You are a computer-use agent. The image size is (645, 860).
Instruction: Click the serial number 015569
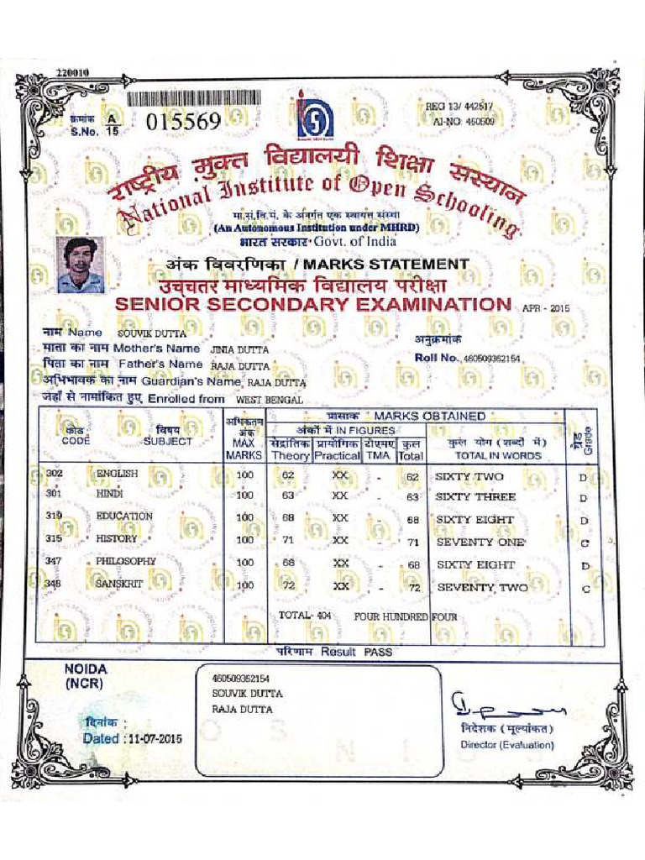coord(183,123)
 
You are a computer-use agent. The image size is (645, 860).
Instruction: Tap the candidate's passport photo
coord(81,264)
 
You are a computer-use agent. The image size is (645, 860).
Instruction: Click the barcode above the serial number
coord(193,98)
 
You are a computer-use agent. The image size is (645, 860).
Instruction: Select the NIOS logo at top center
coord(315,116)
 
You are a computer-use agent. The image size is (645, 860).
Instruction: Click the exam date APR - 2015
coord(546,308)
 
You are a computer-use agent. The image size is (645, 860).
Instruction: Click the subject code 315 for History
coord(55,538)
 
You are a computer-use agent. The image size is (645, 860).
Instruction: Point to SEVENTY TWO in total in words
coord(482,587)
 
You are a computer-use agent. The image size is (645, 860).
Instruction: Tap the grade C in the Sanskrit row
coord(585,589)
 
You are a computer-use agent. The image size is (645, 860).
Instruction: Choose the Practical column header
coord(337,455)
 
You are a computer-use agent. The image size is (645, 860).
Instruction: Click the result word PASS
coord(378,652)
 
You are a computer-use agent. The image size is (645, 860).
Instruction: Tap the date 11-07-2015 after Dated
coord(154,739)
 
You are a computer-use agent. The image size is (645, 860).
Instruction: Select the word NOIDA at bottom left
coord(87,669)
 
